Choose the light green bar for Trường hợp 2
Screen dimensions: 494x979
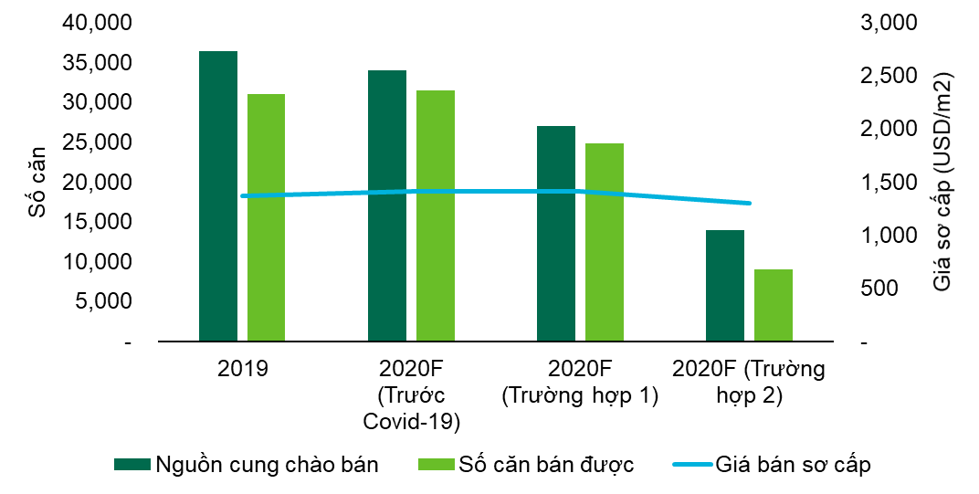(x=774, y=305)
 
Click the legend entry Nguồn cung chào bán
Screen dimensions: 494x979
(x=246, y=465)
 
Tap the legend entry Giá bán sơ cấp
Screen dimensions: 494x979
(x=772, y=465)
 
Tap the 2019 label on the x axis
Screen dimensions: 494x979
(x=243, y=370)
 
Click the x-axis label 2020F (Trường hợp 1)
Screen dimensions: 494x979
(x=581, y=383)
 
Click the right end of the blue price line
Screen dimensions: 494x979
(x=750, y=203)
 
